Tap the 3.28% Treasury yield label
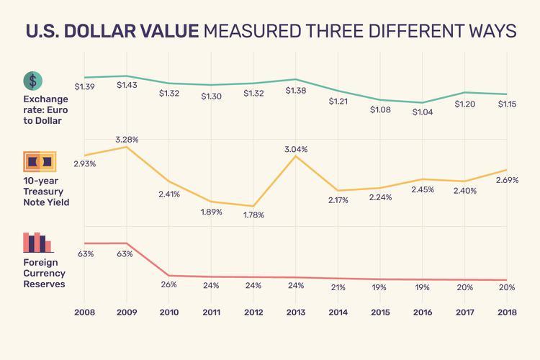click(x=127, y=139)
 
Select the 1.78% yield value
click(x=253, y=215)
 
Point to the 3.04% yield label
click(x=296, y=149)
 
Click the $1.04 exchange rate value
click(x=423, y=112)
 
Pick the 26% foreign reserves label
click(x=169, y=284)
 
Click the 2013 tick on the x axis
click(x=296, y=312)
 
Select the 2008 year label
click(x=85, y=312)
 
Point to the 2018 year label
click(x=507, y=312)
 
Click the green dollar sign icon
click(x=32, y=81)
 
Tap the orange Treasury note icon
click(x=38, y=161)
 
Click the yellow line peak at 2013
click(x=296, y=156)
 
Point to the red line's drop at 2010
click(x=169, y=275)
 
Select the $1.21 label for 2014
click(x=338, y=102)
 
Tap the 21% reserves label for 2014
click(x=338, y=287)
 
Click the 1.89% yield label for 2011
click(x=212, y=211)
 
